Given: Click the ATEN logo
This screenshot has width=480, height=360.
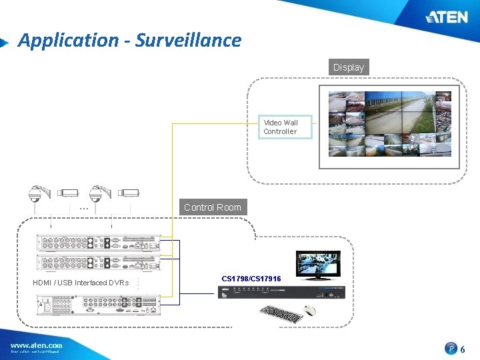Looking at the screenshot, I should [447, 17].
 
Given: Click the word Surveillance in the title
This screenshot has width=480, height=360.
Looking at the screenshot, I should [188, 40].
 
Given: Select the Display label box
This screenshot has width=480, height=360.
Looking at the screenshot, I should [349, 67].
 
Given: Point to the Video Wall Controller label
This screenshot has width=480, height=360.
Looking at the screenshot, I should [281, 127].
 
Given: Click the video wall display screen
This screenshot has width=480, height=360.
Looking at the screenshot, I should [389, 123].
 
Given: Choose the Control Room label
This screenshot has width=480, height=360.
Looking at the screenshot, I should [213, 207].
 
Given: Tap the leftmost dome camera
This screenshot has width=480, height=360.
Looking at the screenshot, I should [33, 193].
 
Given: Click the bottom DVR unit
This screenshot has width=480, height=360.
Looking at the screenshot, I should [98, 304].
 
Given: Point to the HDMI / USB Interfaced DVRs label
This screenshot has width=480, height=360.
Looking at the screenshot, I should [81, 283].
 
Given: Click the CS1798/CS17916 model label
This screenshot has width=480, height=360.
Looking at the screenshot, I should [251, 278].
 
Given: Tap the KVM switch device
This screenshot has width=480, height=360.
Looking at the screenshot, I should [281, 292].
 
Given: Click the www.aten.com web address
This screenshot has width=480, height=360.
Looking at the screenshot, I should [36, 345].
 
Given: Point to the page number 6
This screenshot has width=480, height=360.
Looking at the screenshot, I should [463, 349].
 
